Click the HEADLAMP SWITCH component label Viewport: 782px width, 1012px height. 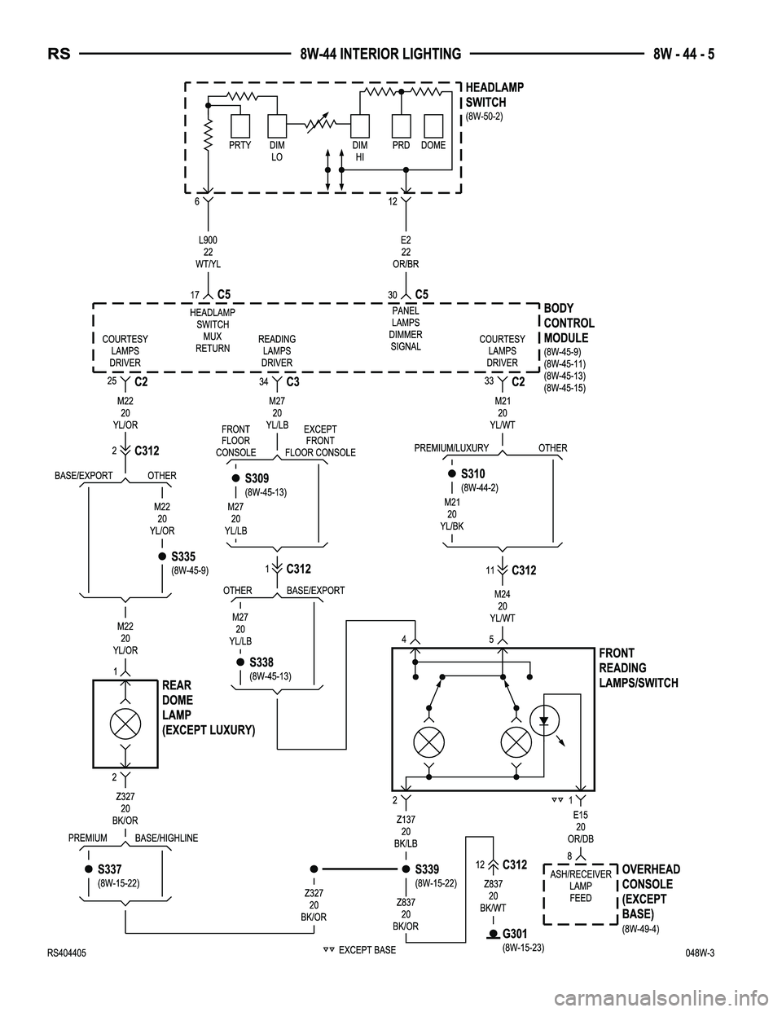pyautogui.click(x=494, y=95)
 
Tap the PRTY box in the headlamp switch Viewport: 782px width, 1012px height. pyautogui.click(x=239, y=126)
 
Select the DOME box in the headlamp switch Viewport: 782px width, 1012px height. pyautogui.click(x=433, y=126)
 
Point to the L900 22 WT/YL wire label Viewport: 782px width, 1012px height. pyautogui.click(x=209, y=252)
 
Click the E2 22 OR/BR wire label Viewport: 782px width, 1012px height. pyautogui.click(x=406, y=252)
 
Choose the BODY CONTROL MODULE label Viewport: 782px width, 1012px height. pyautogui.click(x=569, y=323)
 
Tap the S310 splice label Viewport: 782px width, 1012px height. pyautogui.click(x=472, y=473)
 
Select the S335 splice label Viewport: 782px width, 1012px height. pyautogui.click(x=183, y=557)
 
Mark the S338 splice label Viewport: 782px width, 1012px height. pyautogui.click(x=261, y=662)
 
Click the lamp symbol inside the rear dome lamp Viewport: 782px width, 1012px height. pyautogui.click(x=125, y=722)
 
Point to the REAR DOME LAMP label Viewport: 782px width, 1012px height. pyautogui.click(x=209, y=707)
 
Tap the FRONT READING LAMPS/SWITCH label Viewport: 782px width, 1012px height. pyautogui.click(x=638, y=668)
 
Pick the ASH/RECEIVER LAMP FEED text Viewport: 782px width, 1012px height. pyautogui.click(x=581, y=886)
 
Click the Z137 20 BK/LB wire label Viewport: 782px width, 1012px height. pyautogui.click(x=406, y=831)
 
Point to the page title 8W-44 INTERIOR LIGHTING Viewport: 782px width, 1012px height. pyautogui.click(x=380, y=55)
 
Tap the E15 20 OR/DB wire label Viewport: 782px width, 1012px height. pyautogui.click(x=580, y=826)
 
